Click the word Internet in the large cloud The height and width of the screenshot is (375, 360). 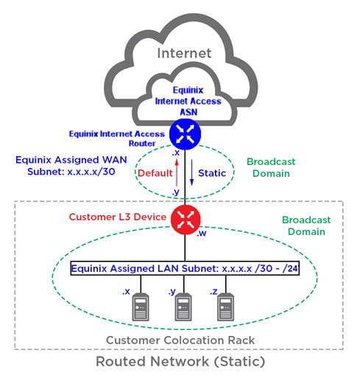tap(184, 53)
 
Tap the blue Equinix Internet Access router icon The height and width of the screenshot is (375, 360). tap(185, 134)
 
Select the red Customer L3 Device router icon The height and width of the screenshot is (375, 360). tap(186, 220)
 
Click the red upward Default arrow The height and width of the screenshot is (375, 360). tap(177, 172)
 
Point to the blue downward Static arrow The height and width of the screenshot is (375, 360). tap(191, 172)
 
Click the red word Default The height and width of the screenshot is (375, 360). tap(155, 173)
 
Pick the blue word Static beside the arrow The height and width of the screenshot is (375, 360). tap(212, 173)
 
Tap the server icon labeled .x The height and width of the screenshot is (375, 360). tap(141, 306)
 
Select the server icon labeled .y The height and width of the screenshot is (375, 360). tap(183, 306)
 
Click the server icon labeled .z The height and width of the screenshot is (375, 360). tap(225, 306)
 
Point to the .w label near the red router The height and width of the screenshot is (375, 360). tap(202, 234)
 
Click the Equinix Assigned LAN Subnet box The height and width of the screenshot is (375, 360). tap(185, 268)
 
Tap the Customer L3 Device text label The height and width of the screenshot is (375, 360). tap(118, 217)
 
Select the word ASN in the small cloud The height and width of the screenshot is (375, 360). tap(188, 112)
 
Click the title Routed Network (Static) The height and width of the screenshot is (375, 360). tap(180, 362)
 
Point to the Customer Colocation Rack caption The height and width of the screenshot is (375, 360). tap(180, 340)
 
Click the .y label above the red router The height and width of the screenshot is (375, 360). tap(176, 192)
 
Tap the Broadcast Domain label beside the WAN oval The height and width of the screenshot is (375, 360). tap(271, 167)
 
